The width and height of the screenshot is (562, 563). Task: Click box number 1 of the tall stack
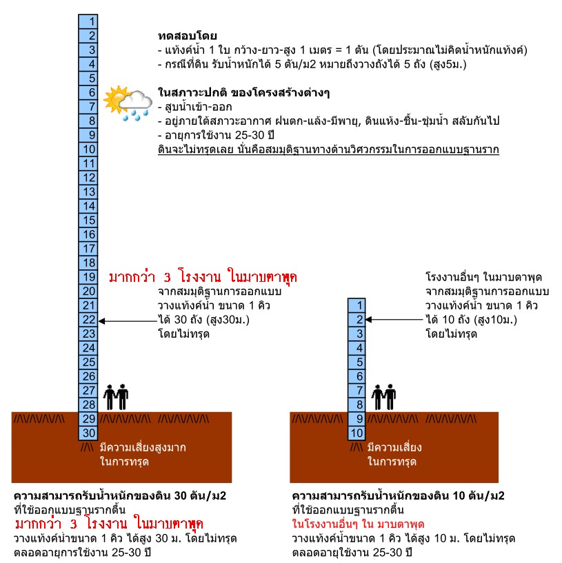tap(90, 21)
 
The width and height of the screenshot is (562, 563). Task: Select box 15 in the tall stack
tap(90, 220)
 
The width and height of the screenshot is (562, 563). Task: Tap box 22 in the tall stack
tap(90, 320)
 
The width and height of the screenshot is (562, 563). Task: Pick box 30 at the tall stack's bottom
tap(90, 433)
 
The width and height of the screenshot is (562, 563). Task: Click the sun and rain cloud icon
tap(128, 103)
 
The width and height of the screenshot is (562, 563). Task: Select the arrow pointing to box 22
tap(128, 320)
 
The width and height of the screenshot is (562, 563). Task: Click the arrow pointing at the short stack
tap(395, 320)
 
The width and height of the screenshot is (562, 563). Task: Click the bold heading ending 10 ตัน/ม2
tap(399, 496)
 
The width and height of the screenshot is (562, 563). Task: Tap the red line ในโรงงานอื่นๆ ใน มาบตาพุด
tap(358, 524)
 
